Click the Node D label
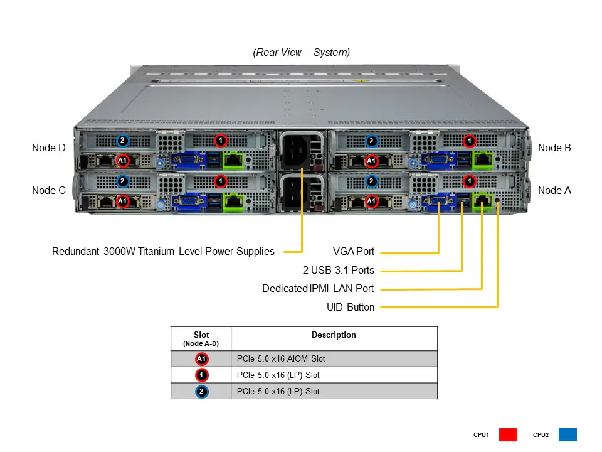click(x=48, y=148)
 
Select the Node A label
click(x=554, y=190)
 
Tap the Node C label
click(x=48, y=190)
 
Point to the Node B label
click(x=554, y=148)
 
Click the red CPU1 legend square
click(x=508, y=434)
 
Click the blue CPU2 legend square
click(x=567, y=434)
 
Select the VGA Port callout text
click(x=354, y=252)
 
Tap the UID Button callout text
click(x=351, y=308)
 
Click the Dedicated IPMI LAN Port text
click(x=318, y=289)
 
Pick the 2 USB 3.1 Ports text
click(x=338, y=271)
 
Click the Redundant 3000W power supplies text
click(x=163, y=252)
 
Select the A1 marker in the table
click(x=201, y=359)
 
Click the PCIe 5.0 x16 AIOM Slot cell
click(x=281, y=359)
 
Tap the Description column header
click(x=334, y=335)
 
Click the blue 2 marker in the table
click(x=201, y=392)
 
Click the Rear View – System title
click(x=302, y=53)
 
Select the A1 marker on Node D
click(x=123, y=161)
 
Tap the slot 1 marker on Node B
click(x=470, y=141)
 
